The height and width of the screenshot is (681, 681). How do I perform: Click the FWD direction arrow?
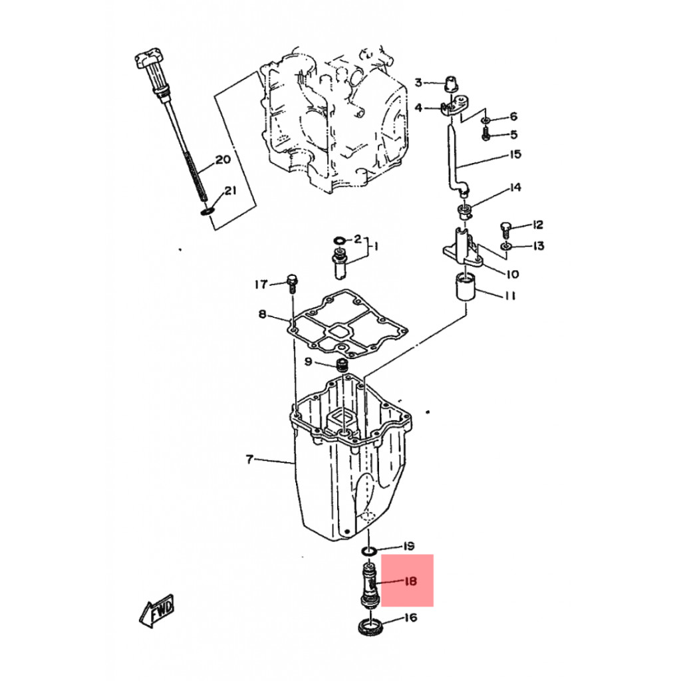[x=157, y=611]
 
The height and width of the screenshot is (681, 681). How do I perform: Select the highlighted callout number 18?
[x=410, y=581]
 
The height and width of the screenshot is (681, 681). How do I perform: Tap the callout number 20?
[x=223, y=160]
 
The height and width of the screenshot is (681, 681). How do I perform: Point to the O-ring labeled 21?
[x=207, y=211]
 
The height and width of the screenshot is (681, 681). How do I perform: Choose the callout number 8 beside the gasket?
[x=262, y=314]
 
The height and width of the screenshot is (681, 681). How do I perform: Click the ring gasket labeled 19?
[x=369, y=551]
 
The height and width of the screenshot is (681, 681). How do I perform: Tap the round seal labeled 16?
[x=370, y=628]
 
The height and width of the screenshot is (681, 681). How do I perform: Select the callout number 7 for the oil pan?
[x=249, y=459]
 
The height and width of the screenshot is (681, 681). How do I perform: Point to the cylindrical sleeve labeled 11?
[x=466, y=286]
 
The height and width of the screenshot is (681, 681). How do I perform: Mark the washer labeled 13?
[x=505, y=247]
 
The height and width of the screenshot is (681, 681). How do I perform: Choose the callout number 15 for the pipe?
[x=515, y=154]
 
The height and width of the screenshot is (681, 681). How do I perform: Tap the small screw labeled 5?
[x=486, y=134]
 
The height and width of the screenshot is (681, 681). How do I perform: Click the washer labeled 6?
[x=485, y=120]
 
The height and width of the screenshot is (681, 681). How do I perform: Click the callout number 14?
[x=515, y=187]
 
